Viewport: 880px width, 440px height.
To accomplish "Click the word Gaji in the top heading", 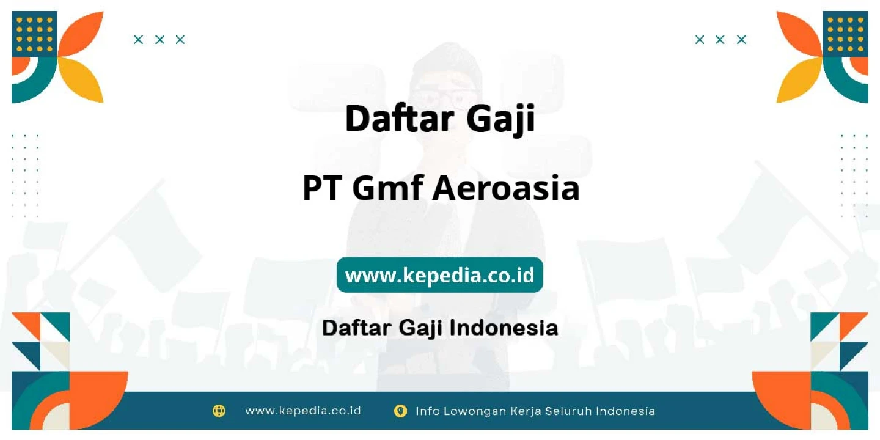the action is pyautogui.click(x=501, y=119).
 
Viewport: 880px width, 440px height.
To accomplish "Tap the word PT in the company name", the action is pyautogui.click(x=321, y=189).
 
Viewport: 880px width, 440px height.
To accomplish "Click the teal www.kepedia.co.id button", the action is pyautogui.click(x=439, y=274).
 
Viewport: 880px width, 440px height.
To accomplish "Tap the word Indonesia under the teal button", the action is pyautogui.click(x=504, y=328).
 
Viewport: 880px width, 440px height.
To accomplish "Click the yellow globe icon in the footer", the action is pyautogui.click(x=219, y=411).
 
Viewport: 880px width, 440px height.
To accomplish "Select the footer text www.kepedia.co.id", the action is pyautogui.click(x=303, y=411).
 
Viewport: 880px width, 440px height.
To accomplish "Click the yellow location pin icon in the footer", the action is pyautogui.click(x=400, y=411).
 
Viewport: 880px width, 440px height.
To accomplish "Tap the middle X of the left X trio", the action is pyautogui.click(x=159, y=39).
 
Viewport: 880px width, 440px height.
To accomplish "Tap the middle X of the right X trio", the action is pyautogui.click(x=720, y=39).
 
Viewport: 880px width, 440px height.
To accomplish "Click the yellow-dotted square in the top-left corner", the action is pyautogui.click(x=34, y=34).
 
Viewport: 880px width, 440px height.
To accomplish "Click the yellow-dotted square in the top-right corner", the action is pyautogui.click(x=845, y=34).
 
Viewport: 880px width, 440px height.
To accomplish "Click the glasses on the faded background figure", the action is pyautogui.click(x=447, y=98).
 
